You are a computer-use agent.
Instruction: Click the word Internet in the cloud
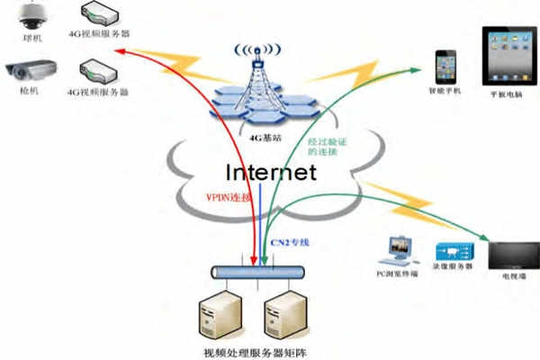(270, 172)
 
